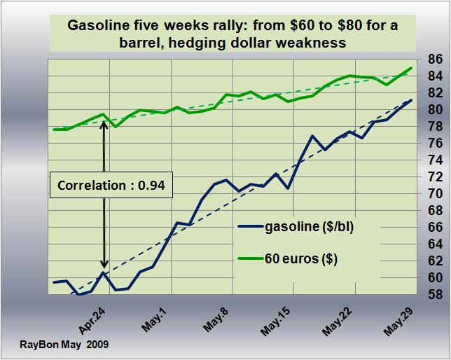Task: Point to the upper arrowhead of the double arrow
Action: tap(104, 123)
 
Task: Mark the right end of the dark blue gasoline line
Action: tap(411, 100)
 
